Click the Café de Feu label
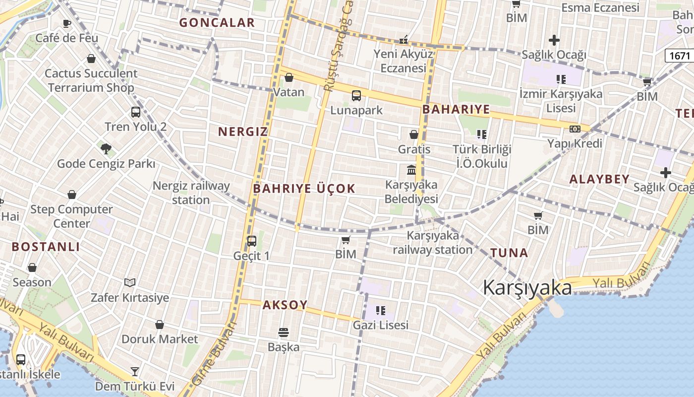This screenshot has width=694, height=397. pos(66,38)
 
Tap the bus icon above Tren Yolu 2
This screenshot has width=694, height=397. pos(135,112)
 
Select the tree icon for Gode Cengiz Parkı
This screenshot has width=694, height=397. pos(106,148)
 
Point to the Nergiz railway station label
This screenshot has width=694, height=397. pos(191,193)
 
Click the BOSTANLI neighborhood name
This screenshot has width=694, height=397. pos(46,247)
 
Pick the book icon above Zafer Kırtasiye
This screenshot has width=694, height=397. pos(130,282)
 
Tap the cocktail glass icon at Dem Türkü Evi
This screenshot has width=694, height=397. pos(134,371)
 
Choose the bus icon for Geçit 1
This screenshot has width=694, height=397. pos(252,241)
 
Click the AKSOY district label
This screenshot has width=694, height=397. pos(285,305)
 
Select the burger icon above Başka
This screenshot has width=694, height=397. pos(284,331)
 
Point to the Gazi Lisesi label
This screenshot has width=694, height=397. pos(381,325)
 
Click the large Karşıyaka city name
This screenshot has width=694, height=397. pos(527,287)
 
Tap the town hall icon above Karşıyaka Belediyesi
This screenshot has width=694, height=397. pos(411,170)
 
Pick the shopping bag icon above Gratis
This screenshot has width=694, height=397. pos(414,134)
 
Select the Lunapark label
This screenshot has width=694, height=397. pos(356,110)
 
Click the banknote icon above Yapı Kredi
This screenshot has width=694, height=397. pos(575,129)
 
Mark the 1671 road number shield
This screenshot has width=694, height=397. pos(679,56)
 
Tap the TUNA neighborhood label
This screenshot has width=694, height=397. pos(509,253)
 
